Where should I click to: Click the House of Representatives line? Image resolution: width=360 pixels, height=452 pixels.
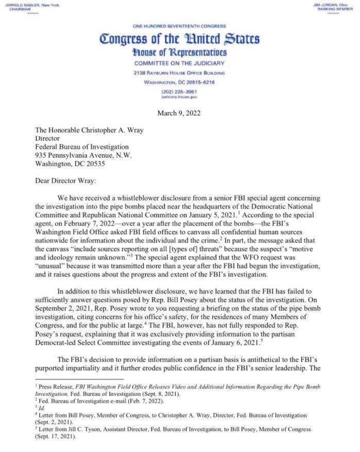point(179,53)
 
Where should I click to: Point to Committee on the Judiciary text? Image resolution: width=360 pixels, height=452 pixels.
point(179,63)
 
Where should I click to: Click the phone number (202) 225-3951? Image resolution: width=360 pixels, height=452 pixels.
point(179,91)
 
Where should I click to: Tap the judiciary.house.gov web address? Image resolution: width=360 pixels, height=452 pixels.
point(179,96)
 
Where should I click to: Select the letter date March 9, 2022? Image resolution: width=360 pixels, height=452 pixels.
point(179,113)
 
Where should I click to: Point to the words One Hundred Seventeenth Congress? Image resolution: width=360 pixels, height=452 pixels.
point(179,26)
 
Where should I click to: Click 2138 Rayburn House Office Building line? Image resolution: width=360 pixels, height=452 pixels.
point(179,73)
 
